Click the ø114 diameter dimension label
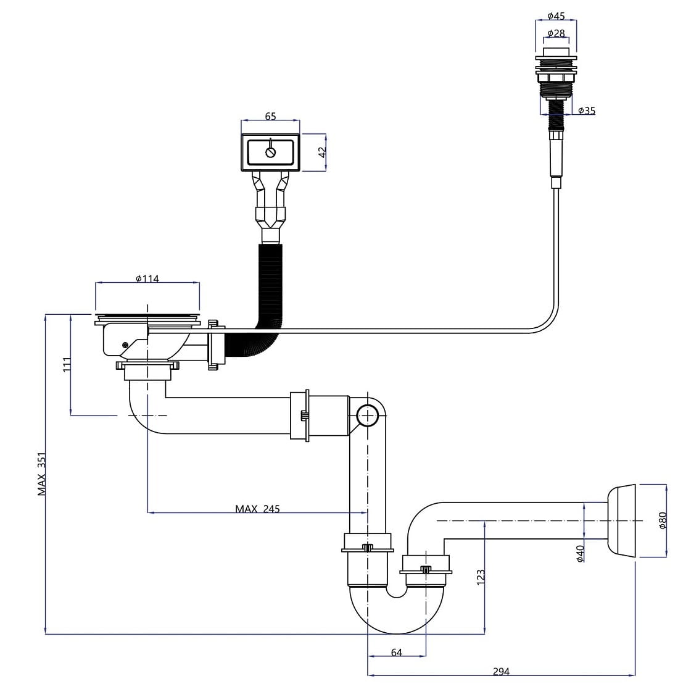[147, 279]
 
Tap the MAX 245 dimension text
[257, 509]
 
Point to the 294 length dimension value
[501, 672]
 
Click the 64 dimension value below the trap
[396, 652]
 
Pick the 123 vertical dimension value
[481, 577]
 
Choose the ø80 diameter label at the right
[663, 520]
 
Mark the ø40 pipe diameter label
[580, 553]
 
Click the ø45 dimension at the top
[556, 16]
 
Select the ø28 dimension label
[556, 32]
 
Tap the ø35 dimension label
[587, 111]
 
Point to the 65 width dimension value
[270, 116]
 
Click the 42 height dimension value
[321, 152]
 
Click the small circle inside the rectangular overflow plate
[270, 152]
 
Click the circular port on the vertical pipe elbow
[368, 417]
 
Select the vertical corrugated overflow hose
[269, 284]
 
